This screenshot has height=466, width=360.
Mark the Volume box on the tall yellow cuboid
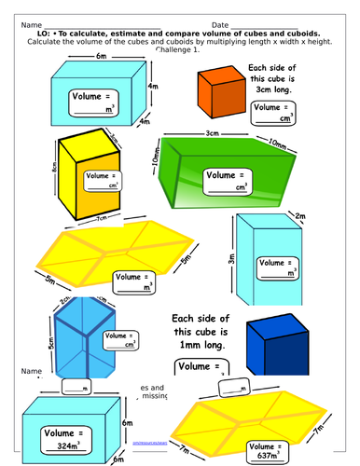(101, 181)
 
